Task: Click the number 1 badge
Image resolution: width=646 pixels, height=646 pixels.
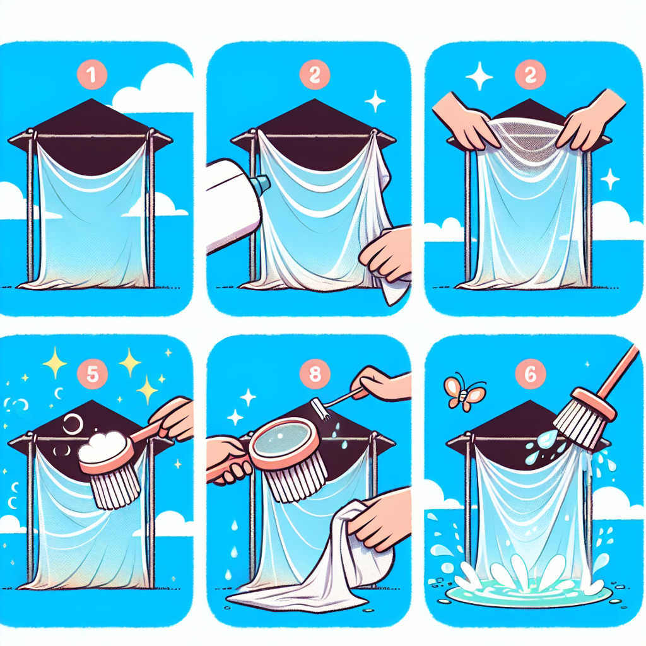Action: coord(92,74)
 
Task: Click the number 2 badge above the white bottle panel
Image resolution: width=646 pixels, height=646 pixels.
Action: coord(315,74)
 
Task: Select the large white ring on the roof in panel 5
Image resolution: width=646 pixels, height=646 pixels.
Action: coord(73,424)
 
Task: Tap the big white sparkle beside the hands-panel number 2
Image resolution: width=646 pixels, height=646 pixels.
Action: coord(479,76)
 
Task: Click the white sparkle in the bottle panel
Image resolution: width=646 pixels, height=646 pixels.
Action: coord(375,102)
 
